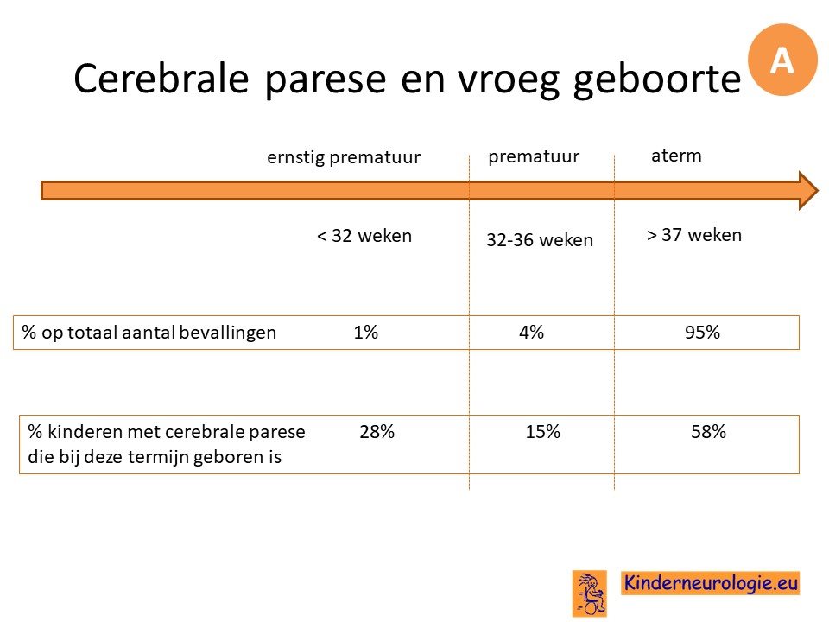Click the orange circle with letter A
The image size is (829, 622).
point(782,60)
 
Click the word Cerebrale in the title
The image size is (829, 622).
point(161,79)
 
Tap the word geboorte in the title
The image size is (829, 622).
point(657,80)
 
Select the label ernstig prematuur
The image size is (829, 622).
point(344,157)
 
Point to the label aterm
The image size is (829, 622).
point(676,155)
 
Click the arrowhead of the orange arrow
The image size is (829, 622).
point(808,190)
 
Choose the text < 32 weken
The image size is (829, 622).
point(364,235)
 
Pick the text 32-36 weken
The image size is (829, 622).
point(540,240)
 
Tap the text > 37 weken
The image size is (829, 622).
point(694,235)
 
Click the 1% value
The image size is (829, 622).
point(366,332)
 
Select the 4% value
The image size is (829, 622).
point(531,332)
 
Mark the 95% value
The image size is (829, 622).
point(702,332)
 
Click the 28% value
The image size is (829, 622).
point(377,432)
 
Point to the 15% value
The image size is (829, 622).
point(542,432)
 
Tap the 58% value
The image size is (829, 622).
point(708,432)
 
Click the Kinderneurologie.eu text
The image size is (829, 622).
point(711,583)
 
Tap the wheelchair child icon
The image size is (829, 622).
point(590,593)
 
